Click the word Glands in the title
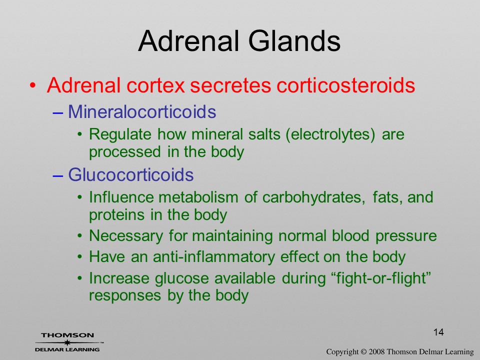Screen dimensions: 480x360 [x=294, y=41]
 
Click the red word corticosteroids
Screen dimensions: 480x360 [x=345, y=85]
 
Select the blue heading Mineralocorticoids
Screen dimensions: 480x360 [x=142, y=111]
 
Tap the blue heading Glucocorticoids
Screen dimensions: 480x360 [x=130, y=175]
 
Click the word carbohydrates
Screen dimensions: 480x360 [x=314, y=197]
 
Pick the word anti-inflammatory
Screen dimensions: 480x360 [x=213, y=257]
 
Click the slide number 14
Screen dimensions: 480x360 [x=438, y=332]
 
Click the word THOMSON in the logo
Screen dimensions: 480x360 [x=67, y=335]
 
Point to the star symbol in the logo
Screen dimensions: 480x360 [x=66, y=342]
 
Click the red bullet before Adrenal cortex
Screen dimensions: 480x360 [x=33, y=85]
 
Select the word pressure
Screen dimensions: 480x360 [x=406, y=236]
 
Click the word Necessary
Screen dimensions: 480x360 [x=126, y=236]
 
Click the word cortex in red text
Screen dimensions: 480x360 [x=155, y=85]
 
